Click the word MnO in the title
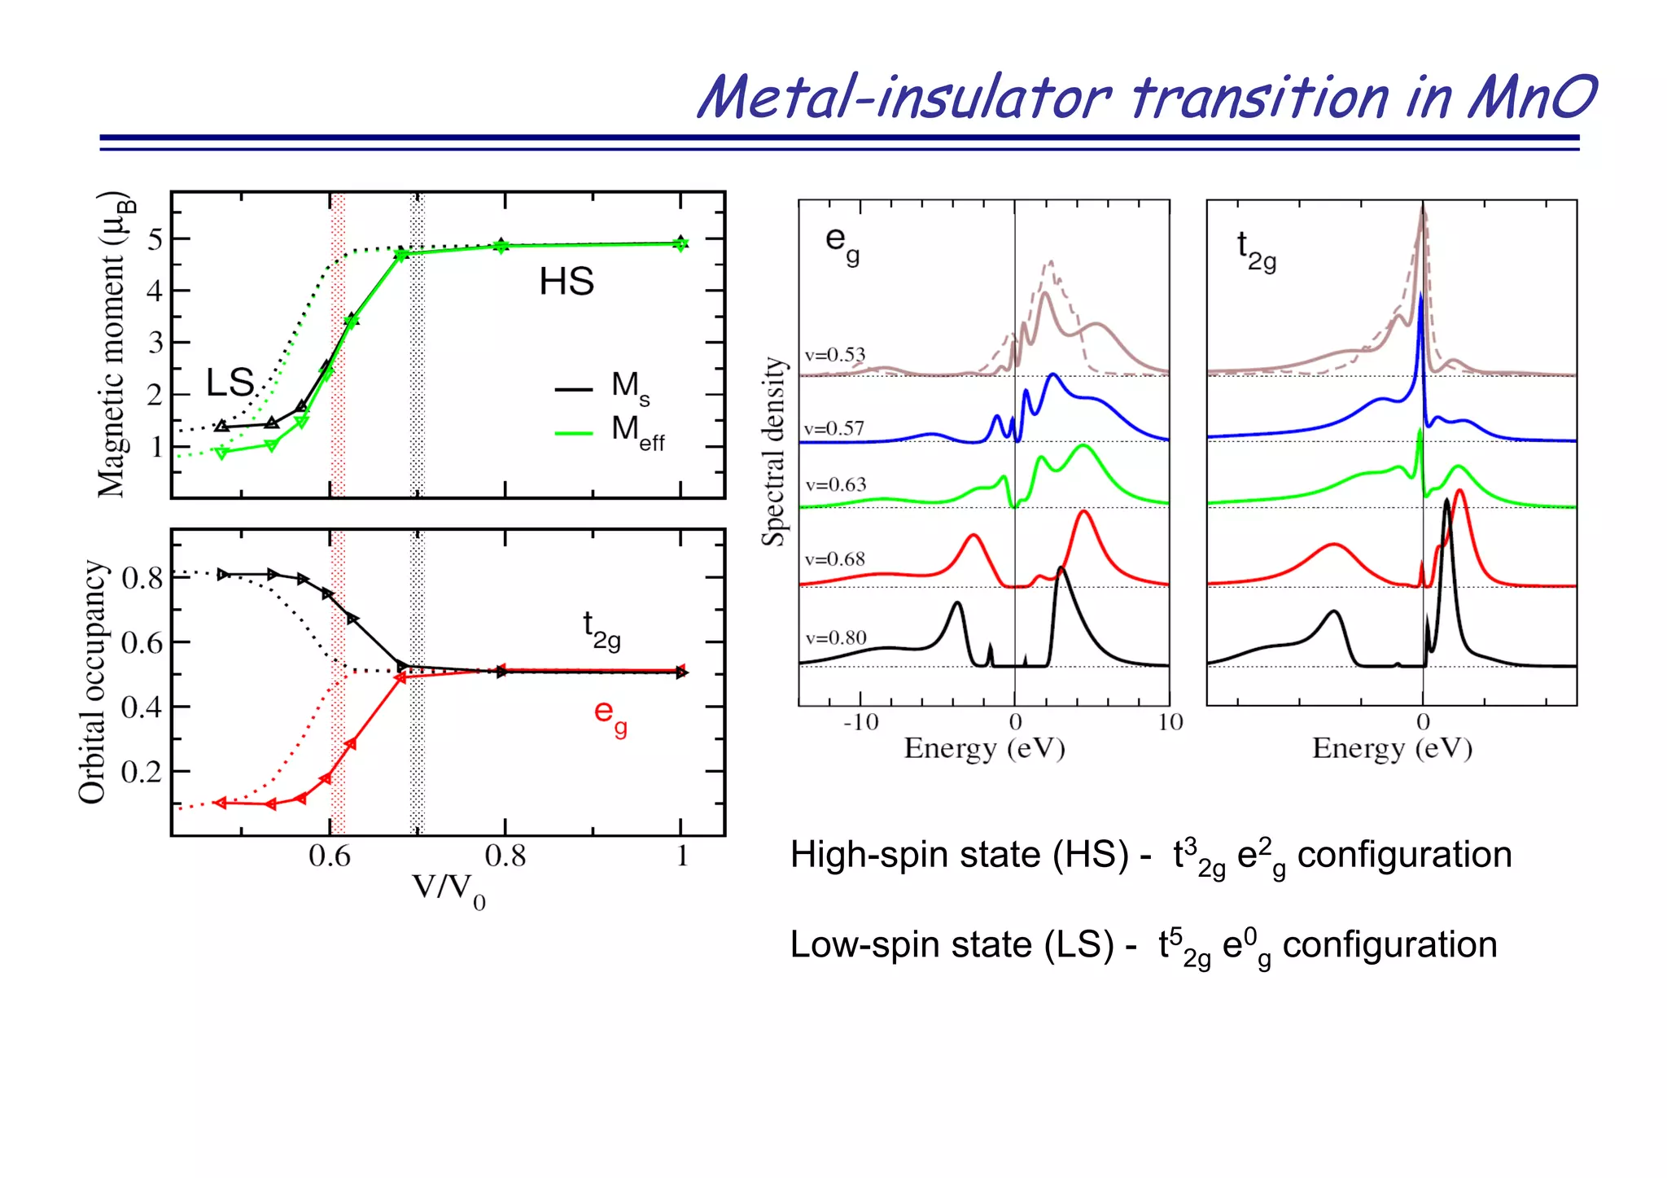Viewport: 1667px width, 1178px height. (1530, 98)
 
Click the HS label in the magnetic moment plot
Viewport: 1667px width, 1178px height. (567, 282)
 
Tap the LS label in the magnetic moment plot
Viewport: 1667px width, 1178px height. (230, 383)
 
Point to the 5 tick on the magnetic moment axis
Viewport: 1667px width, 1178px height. (155, 239)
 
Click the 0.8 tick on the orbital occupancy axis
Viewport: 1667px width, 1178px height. (142, 579)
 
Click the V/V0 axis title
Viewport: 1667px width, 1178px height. (448, 890)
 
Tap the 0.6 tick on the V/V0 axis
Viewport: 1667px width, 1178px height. (329, 856)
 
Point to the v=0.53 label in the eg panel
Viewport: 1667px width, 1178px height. (834, 355)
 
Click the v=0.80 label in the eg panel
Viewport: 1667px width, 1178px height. (835, 638)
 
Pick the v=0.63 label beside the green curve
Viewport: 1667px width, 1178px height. (835, 485)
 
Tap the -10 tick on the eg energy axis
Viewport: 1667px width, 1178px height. (860, 722)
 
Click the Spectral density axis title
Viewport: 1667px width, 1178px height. (774, 452)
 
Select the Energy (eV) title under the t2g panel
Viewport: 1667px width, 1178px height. (1392, 748)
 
